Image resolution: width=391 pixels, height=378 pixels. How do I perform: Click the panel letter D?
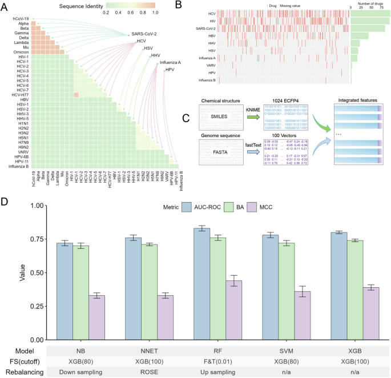pyautogui.click(x=5, y=186)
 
